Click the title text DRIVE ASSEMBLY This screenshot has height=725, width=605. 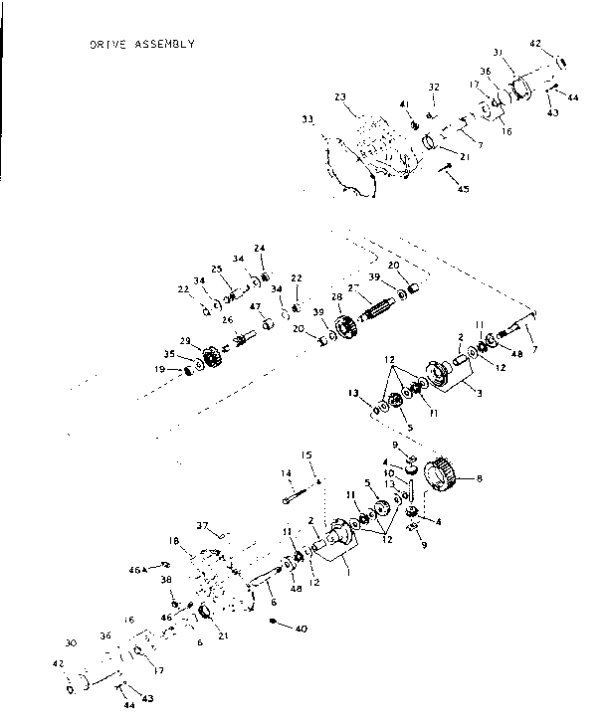point(141,44)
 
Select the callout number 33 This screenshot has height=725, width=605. point(307,119)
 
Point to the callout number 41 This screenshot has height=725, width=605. point(404,104)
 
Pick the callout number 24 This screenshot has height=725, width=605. point(259,248)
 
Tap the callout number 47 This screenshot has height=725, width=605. point(255,306)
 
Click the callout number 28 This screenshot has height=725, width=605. point(336,296)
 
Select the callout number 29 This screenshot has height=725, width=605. point(185,340)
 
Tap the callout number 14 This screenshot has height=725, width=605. point(286,472)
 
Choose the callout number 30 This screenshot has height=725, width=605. point(71,641)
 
